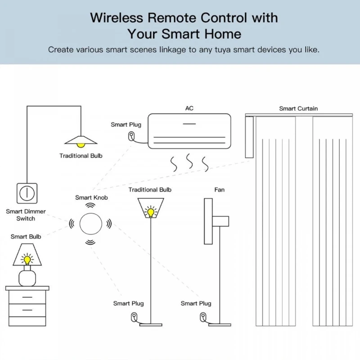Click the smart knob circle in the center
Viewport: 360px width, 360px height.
click(x=91, y=223)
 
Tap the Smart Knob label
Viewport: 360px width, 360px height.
click(x=91, y=198)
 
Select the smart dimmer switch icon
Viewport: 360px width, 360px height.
click(x=27, y=193)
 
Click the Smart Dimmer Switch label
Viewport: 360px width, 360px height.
click(x=26, y=215)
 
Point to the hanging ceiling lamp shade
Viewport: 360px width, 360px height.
click(x=81, y=140)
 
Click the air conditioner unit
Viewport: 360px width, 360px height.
click(x=189, y=131)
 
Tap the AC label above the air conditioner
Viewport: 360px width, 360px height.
click(x=189, y=108)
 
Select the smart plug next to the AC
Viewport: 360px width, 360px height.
click(x=131, y=136)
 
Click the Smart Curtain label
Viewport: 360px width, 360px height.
click(x=298, y=108)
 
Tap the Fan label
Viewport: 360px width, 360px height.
click(x=219, y=189)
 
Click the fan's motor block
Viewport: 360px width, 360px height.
click(x=221, y=221)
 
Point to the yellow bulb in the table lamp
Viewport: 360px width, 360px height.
click(x=27, y=259)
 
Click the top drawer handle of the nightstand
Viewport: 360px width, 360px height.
click(x=27, y=297)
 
